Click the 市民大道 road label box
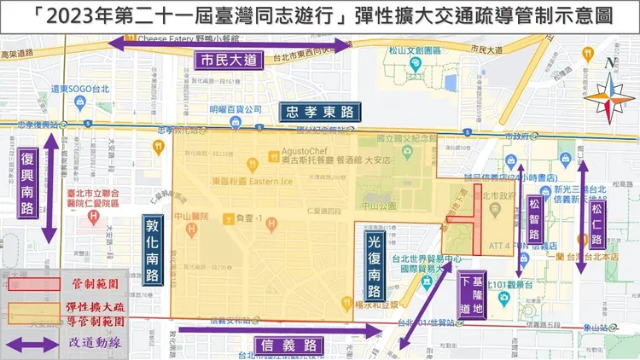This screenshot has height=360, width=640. click(x=226, y=61)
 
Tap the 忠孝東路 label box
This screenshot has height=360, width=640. click(x=319, y=111)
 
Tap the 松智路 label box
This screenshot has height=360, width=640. click(x=534, y=218)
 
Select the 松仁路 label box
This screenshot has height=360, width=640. click(x=597, y=218)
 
